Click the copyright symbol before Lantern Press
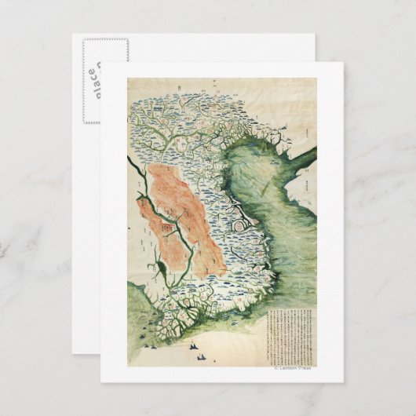point(275,367)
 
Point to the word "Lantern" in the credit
point(286,367)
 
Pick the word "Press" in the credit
point(303,367)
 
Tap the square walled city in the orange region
point(166,228)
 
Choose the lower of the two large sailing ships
point(203,358)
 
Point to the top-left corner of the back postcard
point(73,35)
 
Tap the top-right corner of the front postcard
point(342,63)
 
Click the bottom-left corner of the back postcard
point(73,354)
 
